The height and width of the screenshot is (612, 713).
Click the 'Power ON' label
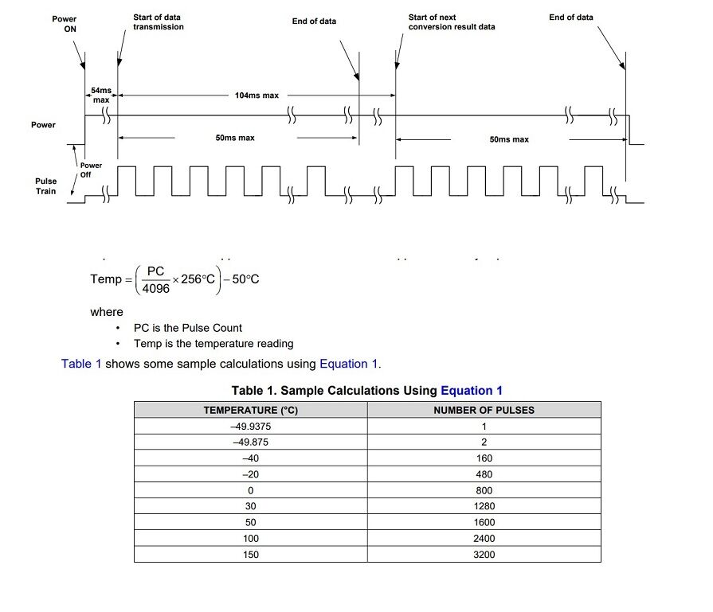[x=65, y=23]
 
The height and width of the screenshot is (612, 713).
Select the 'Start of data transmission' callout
[x=158, y=21]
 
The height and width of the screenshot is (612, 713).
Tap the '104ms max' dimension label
[x=257, y=96]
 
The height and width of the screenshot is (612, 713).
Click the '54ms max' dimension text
[x=101, y=96]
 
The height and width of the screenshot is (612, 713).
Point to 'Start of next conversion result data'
[x=451, y=21]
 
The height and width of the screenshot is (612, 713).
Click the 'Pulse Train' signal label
[x=45, y=186]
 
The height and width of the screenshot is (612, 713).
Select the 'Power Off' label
[x=91, y=170]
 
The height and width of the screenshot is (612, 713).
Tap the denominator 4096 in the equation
[x=155, y=289]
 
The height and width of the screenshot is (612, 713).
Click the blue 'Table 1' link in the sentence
[x=81, y=364]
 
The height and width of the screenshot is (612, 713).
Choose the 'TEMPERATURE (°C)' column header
[x=250, y=410]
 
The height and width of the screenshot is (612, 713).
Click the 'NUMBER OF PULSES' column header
[x=484, y=410]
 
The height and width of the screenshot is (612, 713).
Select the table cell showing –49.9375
[x=250, y=427]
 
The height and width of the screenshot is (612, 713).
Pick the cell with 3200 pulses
[x=484, y=554]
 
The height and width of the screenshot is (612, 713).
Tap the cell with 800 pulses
[x=484, y=490]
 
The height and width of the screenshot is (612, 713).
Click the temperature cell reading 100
[x=250, y=538]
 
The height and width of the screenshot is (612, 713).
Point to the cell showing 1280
[x=484, y=506]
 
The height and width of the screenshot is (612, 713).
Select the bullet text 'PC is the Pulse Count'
[x=187, y=328]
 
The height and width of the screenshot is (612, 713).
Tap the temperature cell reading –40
[x=250, y=458]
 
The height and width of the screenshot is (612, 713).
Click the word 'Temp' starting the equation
[x=106, y=279]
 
